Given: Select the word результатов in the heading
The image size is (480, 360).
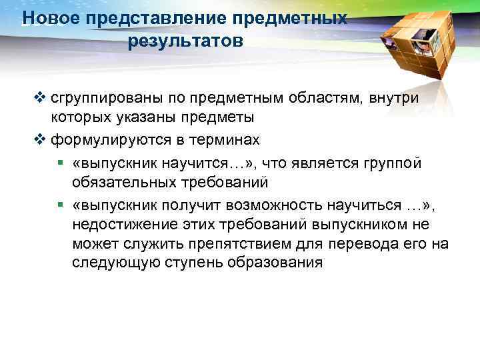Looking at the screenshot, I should [x=185, y=42].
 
